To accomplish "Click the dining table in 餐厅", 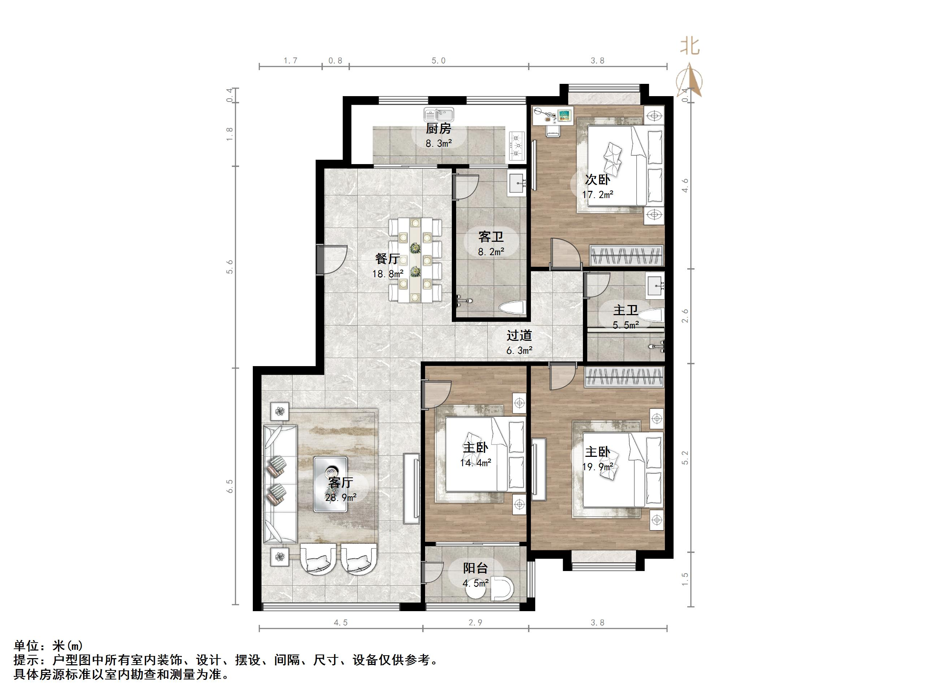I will point(415,260).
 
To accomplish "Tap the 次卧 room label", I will point(597,180).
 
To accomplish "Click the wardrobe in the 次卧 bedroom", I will point(626,255).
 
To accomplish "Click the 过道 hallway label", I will point(519,335).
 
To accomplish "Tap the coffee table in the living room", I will point(330,484).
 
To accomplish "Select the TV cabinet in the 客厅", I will point(411,488).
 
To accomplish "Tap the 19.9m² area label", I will point(598,466).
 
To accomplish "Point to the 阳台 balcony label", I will point(476,569).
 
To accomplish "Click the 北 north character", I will point(689,46).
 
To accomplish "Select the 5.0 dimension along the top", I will point(438,61).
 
